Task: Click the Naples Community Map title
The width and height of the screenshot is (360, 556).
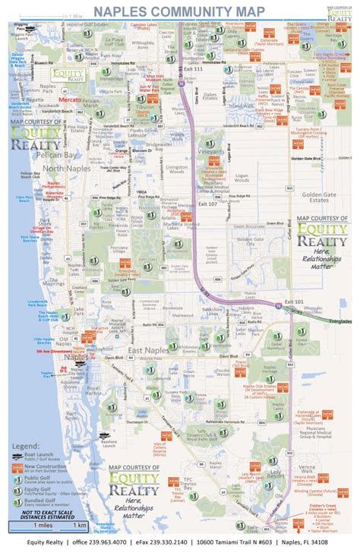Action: [179, 11]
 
